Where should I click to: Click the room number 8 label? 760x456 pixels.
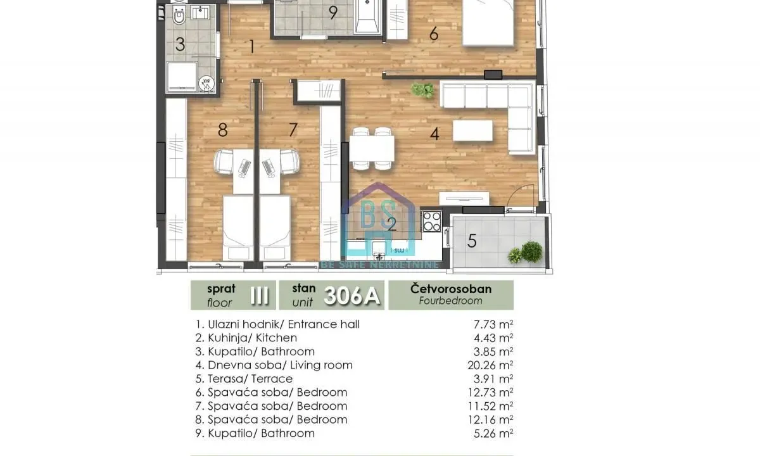coord(222,130)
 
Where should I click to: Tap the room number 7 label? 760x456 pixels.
coord(293,130)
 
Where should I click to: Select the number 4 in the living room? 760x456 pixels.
coord(434,134)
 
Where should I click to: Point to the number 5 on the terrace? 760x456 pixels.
coord(472,241)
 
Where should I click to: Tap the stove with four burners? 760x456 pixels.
coord(431,222)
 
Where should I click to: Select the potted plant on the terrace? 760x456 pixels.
coord(528,253)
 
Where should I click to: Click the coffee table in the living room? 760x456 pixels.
coord(472,131)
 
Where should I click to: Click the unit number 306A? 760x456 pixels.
coord(353,295)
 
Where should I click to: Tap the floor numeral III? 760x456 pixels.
coord(259,295)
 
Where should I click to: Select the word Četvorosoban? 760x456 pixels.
coord(451,289)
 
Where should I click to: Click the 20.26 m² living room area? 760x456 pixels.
coord(490,365)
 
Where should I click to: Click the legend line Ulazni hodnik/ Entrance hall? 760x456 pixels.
coord(278,324)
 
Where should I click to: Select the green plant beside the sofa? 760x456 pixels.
coord(422,90)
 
